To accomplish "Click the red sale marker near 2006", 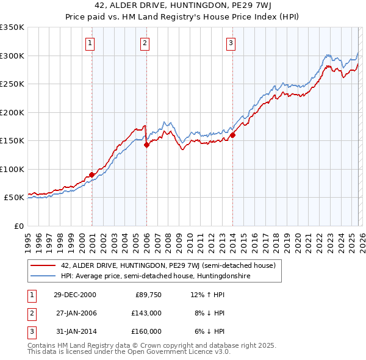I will click(146, 145).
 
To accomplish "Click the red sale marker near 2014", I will click(232, 135).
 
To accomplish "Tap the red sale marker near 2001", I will click(92, 175).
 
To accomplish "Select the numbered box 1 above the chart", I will click(90, 43).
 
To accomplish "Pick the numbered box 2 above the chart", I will click(145, 43).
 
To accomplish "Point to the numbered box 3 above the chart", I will click(231, 43).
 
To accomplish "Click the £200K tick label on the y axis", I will click(12, 112).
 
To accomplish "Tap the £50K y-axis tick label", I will click(14, 198).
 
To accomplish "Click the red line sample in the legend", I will click(43, 265).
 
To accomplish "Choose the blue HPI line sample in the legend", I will click(43, 276).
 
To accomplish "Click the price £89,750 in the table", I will click(148, 295).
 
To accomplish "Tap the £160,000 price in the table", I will click(146, 331).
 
